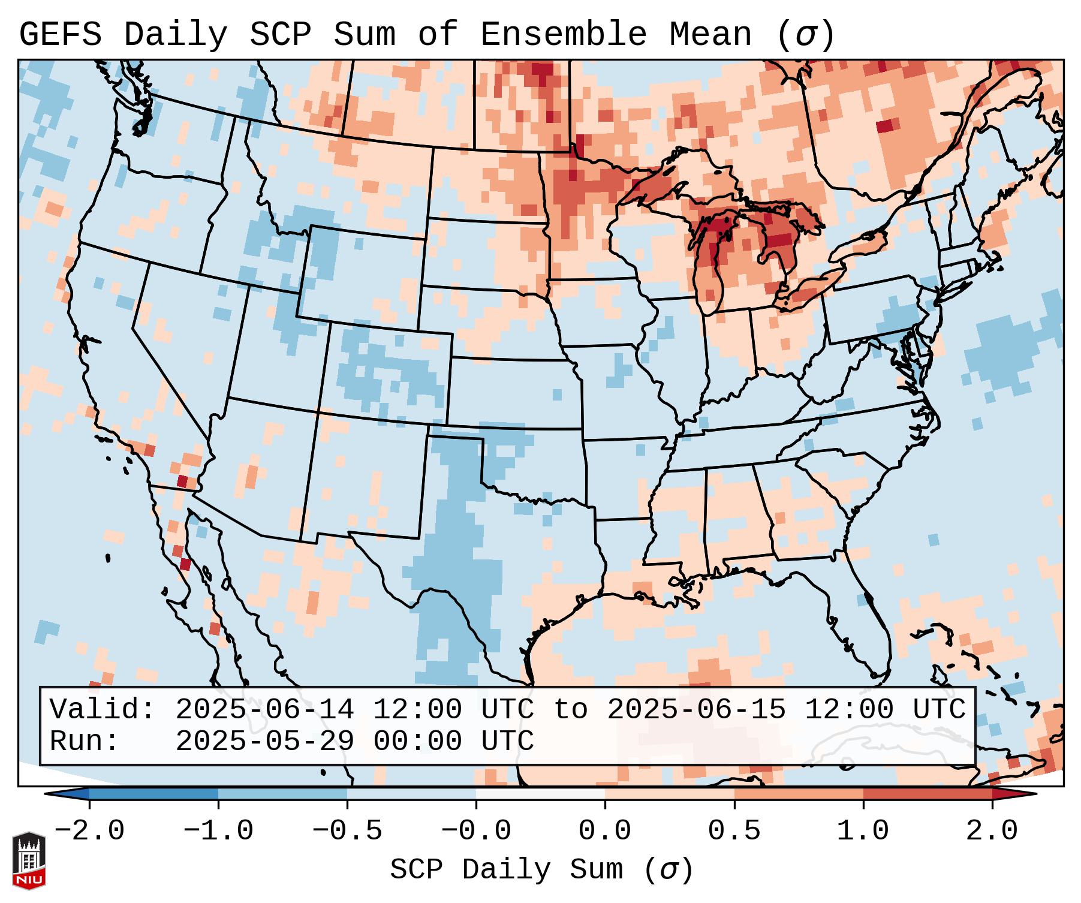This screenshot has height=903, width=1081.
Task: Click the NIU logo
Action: click(x=29, y=860)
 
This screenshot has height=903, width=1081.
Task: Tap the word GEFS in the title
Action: click(x=60, y=34)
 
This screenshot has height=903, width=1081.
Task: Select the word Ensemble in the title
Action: click(x=563, y=34)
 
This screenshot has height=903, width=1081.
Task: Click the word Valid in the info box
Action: click(x=102, y=710)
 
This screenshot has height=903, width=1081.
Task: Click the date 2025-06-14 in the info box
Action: click(x=264, y=710)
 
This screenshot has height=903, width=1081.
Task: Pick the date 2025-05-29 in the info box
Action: click(x=264, y=742)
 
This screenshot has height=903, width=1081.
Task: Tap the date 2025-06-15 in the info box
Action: click(x=696, y=710)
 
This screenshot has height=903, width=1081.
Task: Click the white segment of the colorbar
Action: click(x=540, y=794)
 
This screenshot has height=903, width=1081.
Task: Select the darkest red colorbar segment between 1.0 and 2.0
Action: click(x=928, y=794)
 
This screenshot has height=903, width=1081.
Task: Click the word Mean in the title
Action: click(x=710, y=34)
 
